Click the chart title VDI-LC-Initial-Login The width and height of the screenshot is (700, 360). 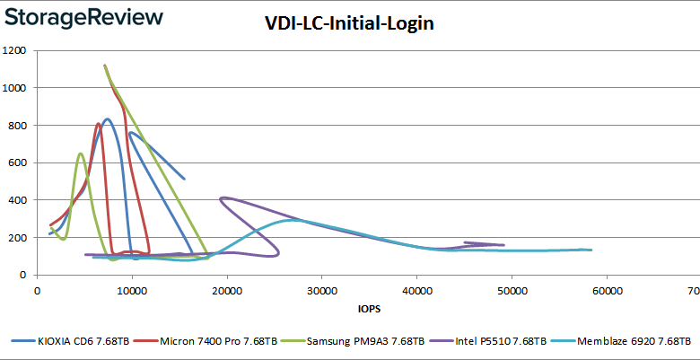[349, 24]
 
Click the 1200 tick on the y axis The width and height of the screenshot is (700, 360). [13, 50]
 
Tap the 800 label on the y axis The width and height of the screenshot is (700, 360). [16, 126]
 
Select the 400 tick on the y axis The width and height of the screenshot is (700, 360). [16, 200]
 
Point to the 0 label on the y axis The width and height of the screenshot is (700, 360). [24, 275]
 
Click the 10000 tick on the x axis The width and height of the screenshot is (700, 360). [132, 291]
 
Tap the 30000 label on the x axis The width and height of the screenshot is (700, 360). [322, 291]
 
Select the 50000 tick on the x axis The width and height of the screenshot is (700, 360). [512, 291]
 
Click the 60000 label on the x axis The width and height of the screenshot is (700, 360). [608, 291]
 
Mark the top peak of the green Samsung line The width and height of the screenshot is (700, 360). [105, 66]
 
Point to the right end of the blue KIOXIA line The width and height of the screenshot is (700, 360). [184, 179]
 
